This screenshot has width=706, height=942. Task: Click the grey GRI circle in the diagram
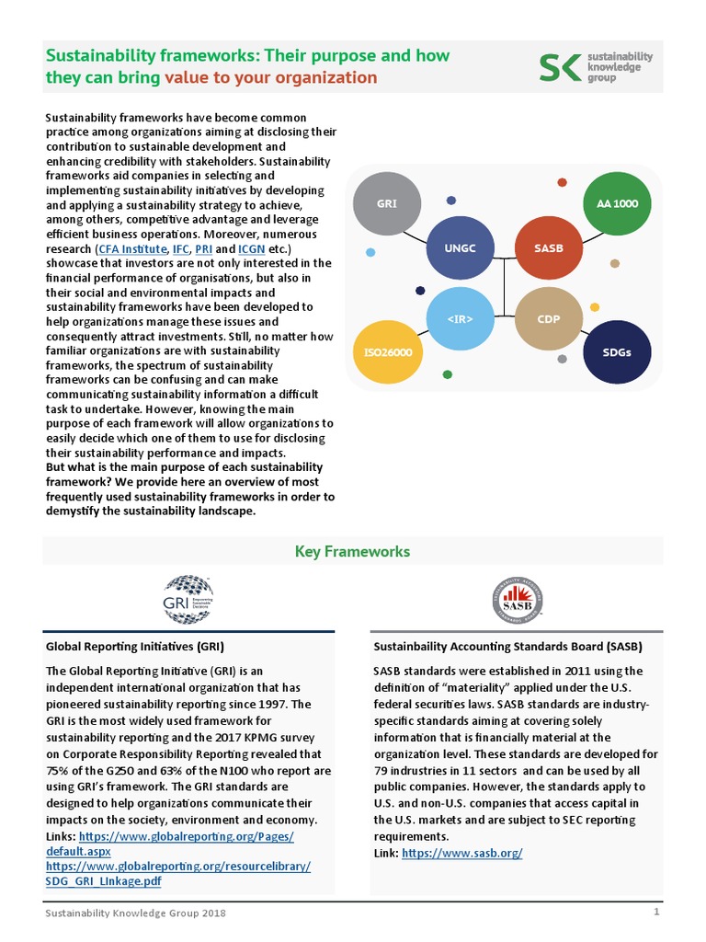pyautogui.click(x=387, y=203)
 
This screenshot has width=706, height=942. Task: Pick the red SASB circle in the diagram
pyautogui.click(x=548, y=248)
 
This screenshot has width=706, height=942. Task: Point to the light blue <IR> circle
pyautogui.click(x=462, y=319)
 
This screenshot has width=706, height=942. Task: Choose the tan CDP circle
pyautogui.click(x=549, y=319)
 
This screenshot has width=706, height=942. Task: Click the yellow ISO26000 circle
pyautogui.click(x=387, y=352)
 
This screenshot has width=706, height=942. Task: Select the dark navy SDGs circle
pyautogui.click(x=617, y=352)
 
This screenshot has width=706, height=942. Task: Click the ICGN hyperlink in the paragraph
pyautogui.click(x=252, y=249)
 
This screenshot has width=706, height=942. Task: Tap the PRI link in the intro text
pyautogui.click(x=204, y=249)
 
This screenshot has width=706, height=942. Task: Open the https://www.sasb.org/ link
pyautogui.click(x=462, y=854)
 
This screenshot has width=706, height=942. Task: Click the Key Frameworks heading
pyautogui.click(x=352, y=552)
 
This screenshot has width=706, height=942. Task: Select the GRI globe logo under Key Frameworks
pyautogui.click(x=188, y=600)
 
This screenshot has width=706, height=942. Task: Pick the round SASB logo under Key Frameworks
pyautogui.click(x=517, y=600)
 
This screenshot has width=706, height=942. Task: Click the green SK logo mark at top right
pyautogui.click(x=558, y=68)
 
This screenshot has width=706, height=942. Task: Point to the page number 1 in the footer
pyautogui.click(x=656, y=913)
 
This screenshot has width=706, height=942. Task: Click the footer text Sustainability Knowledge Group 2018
pyautogui.click(x=137, y=913)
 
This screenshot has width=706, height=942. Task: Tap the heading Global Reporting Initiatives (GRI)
pyautogui.click(x=135, y=647)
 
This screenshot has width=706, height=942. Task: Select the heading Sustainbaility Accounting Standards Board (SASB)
pyautogui.click(x=500, y=647)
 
